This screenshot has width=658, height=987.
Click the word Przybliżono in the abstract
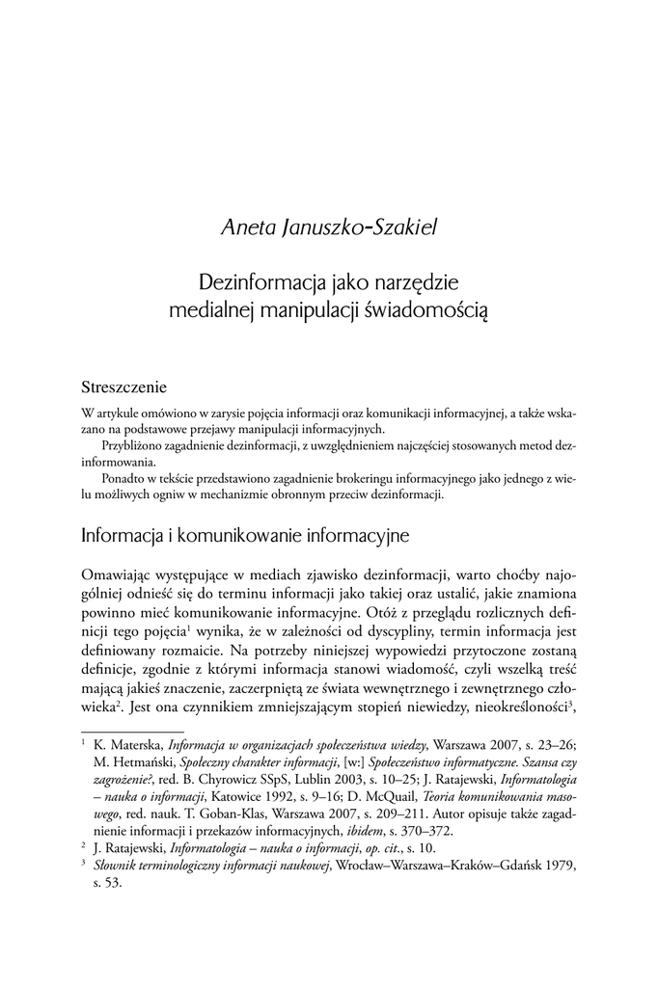pos(136,446)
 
